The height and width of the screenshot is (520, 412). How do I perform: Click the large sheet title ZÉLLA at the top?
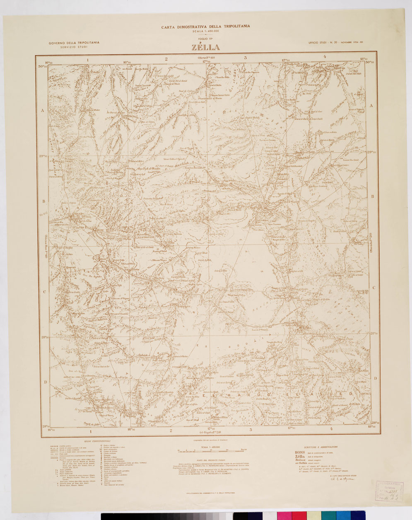pos(205,48)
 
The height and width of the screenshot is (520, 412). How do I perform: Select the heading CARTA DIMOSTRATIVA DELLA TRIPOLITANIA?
pos(205,27)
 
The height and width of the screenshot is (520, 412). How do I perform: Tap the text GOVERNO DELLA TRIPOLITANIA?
pos(74,43)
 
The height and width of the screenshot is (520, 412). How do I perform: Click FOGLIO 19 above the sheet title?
pos(205,40)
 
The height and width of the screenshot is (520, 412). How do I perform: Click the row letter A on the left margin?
pos(43,110)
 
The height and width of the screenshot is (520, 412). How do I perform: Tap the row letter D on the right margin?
pos(375,378)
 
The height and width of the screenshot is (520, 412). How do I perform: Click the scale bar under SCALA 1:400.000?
pos(212,450)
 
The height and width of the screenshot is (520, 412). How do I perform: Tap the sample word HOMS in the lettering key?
pos(299,452)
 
